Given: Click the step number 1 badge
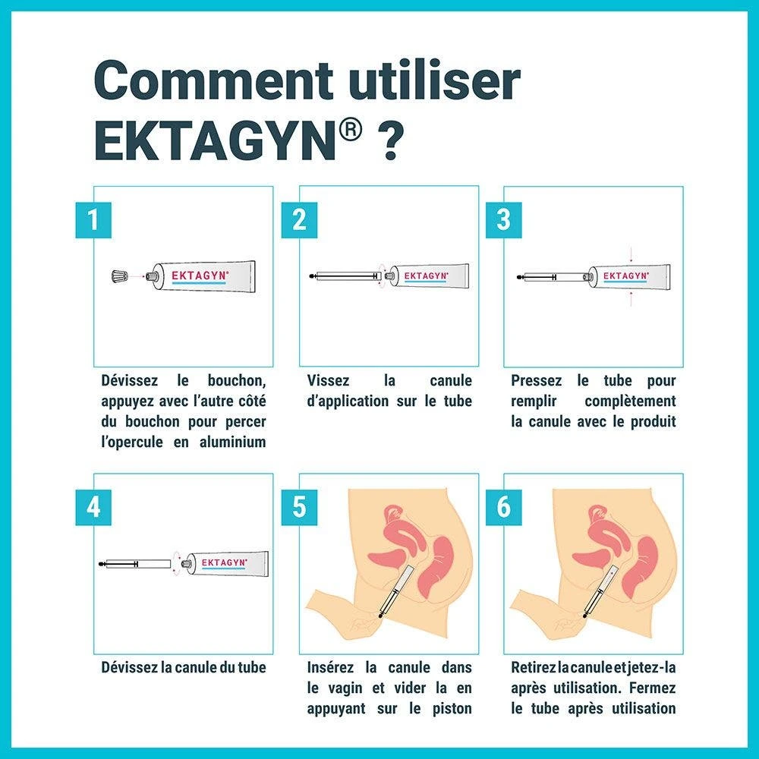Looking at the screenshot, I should click(93, 220).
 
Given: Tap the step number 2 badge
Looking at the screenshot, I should click(299, 220).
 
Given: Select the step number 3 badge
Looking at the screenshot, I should click(504, 220).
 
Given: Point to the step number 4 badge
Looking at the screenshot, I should click(93, 507).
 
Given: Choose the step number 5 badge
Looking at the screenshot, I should click(299, 507).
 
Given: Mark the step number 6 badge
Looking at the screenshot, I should click(504, 507).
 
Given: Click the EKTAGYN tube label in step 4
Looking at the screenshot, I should click(225, 562).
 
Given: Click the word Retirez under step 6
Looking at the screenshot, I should click(534, 667).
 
